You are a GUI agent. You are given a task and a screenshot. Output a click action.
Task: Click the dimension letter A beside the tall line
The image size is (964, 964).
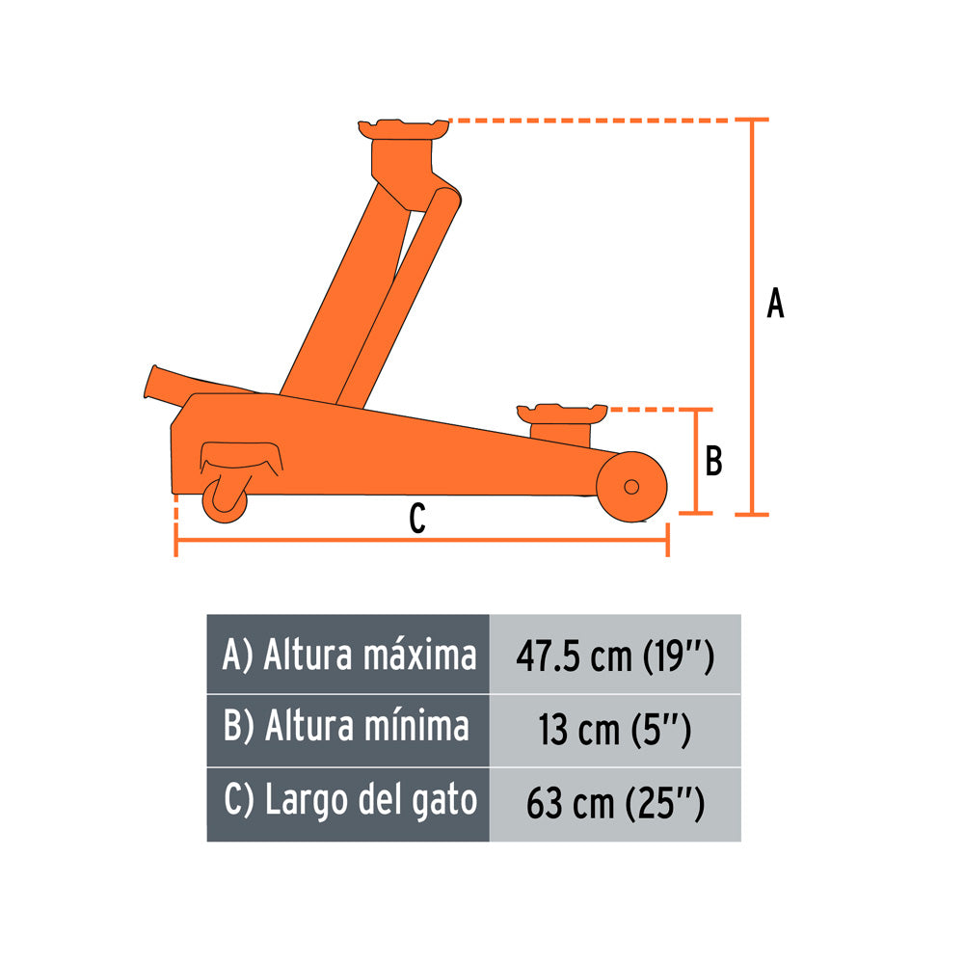tap(775, 303)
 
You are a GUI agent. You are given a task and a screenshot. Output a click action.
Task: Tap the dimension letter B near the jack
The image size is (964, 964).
tap(713, 461)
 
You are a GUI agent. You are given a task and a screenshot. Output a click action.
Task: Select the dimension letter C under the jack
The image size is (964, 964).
tap(417, 519)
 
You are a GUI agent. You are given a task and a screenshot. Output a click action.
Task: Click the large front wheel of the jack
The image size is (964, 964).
tap(631, 487)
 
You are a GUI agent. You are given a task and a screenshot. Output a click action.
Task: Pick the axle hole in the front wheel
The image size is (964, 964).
tap(631, 487)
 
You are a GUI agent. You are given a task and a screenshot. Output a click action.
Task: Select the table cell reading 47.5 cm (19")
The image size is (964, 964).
tap(615, 655)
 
